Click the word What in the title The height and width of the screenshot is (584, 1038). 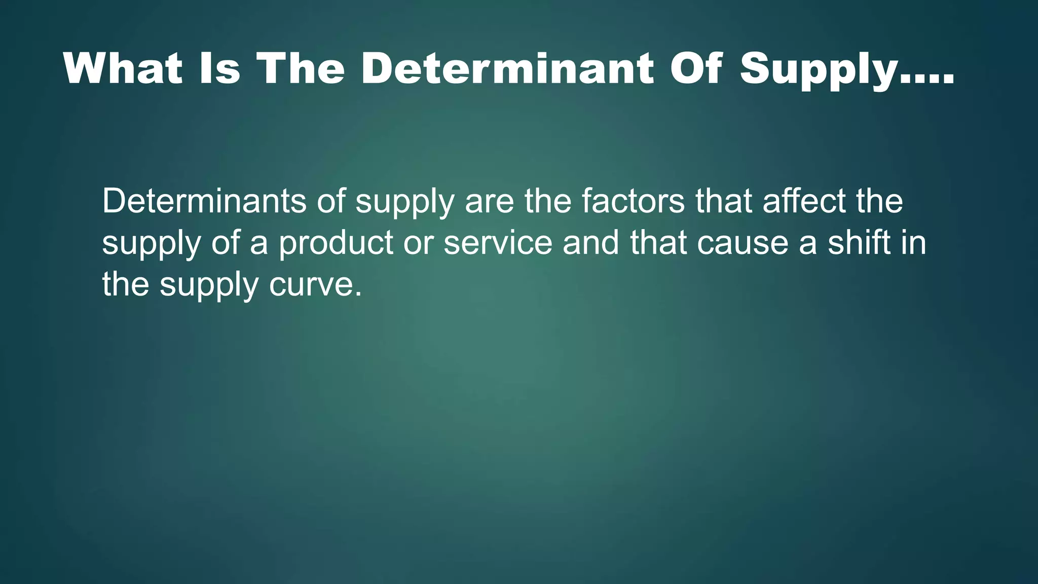[x=123, y=69]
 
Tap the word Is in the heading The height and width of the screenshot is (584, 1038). [x=219, y=69]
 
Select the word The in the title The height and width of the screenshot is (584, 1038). [x=301, y=69]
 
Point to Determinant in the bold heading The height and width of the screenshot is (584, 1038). [x=507, y=69]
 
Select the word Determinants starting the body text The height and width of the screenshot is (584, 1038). [x=204, y=201]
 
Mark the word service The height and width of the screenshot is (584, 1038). [x=498, y=243]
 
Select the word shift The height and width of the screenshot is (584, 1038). [x=859, y=243]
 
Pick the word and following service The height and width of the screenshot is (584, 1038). [x=591, y=243]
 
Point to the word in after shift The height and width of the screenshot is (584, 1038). [x=914, y=243]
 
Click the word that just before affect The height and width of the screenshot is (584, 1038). [x=723, y=201]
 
